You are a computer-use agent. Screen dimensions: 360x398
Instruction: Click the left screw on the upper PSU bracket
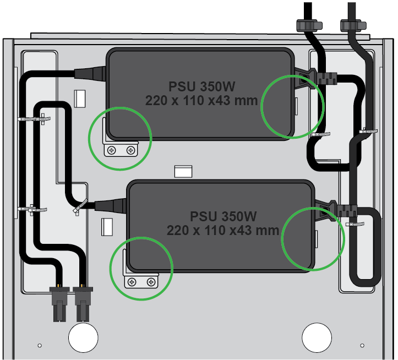click(x=112, y=150)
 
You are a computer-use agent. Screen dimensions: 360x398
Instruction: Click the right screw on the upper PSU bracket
click(x=130, y=150)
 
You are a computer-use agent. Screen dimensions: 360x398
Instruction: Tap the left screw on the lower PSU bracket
click(x=132, y=282)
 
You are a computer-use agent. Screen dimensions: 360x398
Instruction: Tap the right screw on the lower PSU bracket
click(x=150, y=282)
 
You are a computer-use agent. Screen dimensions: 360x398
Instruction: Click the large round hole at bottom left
click(x=83, y=337)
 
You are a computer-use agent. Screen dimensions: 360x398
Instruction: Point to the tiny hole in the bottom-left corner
click(x=40, y=345)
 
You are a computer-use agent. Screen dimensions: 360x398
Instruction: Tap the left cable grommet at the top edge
click(x=308, y=25)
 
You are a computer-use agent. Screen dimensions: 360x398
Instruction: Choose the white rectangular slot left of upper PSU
click(x=80, y=98)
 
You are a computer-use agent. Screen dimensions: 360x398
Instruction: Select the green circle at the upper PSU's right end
click(x=293, y=106)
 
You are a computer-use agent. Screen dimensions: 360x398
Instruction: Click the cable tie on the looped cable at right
click(x=357, y=226)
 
